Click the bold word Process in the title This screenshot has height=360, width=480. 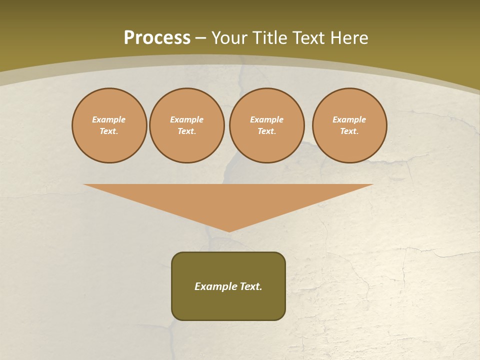157,38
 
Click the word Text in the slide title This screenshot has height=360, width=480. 309,38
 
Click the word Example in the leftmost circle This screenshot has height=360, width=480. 109,119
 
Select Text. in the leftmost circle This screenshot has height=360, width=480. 109,131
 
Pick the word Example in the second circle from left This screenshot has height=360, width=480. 186,119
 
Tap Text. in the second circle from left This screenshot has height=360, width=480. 186,131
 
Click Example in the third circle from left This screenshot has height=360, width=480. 266,119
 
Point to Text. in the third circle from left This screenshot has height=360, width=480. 266,131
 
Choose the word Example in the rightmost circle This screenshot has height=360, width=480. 349,119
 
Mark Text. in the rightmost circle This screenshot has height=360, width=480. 349,131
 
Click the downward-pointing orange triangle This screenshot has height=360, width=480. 228,200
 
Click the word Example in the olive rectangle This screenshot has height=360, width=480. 215,286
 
